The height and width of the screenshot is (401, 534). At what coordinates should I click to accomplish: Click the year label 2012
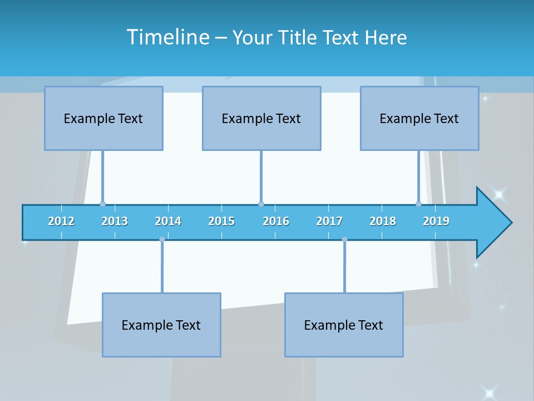61,221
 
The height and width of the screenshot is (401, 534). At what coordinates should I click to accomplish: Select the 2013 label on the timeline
115,221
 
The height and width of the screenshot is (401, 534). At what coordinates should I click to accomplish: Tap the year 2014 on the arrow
168,221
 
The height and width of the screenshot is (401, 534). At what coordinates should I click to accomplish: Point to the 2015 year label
221,221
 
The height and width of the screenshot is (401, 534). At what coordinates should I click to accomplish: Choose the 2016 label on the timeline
276,221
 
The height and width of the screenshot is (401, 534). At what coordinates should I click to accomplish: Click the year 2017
329,221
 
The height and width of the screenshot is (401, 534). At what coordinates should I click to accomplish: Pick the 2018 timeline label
383,221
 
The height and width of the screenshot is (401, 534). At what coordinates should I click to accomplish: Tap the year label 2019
436,221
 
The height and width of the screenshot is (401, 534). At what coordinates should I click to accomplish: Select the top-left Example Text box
103,118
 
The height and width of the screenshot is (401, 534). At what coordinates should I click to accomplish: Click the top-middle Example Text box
261,118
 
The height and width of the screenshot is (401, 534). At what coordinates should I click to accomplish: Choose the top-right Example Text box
419,118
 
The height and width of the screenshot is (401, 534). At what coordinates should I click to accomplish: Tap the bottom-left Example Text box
161,325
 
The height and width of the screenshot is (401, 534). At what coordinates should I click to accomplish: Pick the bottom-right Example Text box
344,325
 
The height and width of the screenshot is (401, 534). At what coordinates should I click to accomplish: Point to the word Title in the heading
300,38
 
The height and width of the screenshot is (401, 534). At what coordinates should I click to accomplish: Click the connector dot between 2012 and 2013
102,204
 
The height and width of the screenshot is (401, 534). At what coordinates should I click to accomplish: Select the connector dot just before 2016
261,204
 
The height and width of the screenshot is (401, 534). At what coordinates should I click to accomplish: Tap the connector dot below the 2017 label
344,239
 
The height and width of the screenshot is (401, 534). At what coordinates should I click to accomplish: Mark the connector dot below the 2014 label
162,239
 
